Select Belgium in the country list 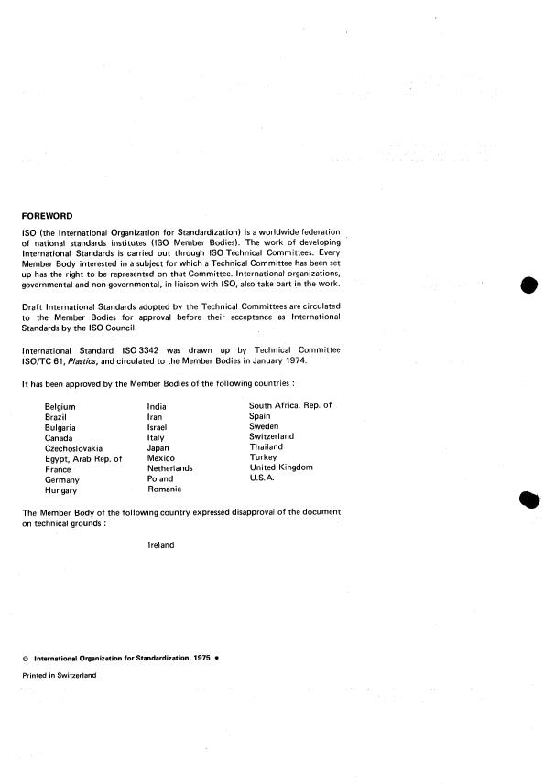pyautogui.click(x=60, y=406)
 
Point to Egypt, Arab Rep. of pyautogui.click(x=83, y=459)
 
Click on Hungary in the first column pyautogui.click(x=61, y=490)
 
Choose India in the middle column pyautogui.click(x=157, y=405)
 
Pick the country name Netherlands pyautogui.click(x=169, y=468)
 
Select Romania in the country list pyautogui.click(x=165, y=489)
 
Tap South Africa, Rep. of pyautogui.click(x=290, y=405)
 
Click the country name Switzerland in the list pyautogui.click(x=271, y=437)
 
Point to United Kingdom pyautogui.click(x=281, y=467)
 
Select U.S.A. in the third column pyautogui.click(x=263, y=478)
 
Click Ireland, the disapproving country pyautogui.click(x=161, y=545)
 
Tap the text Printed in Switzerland pyautogui.click(x=59, y=676)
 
